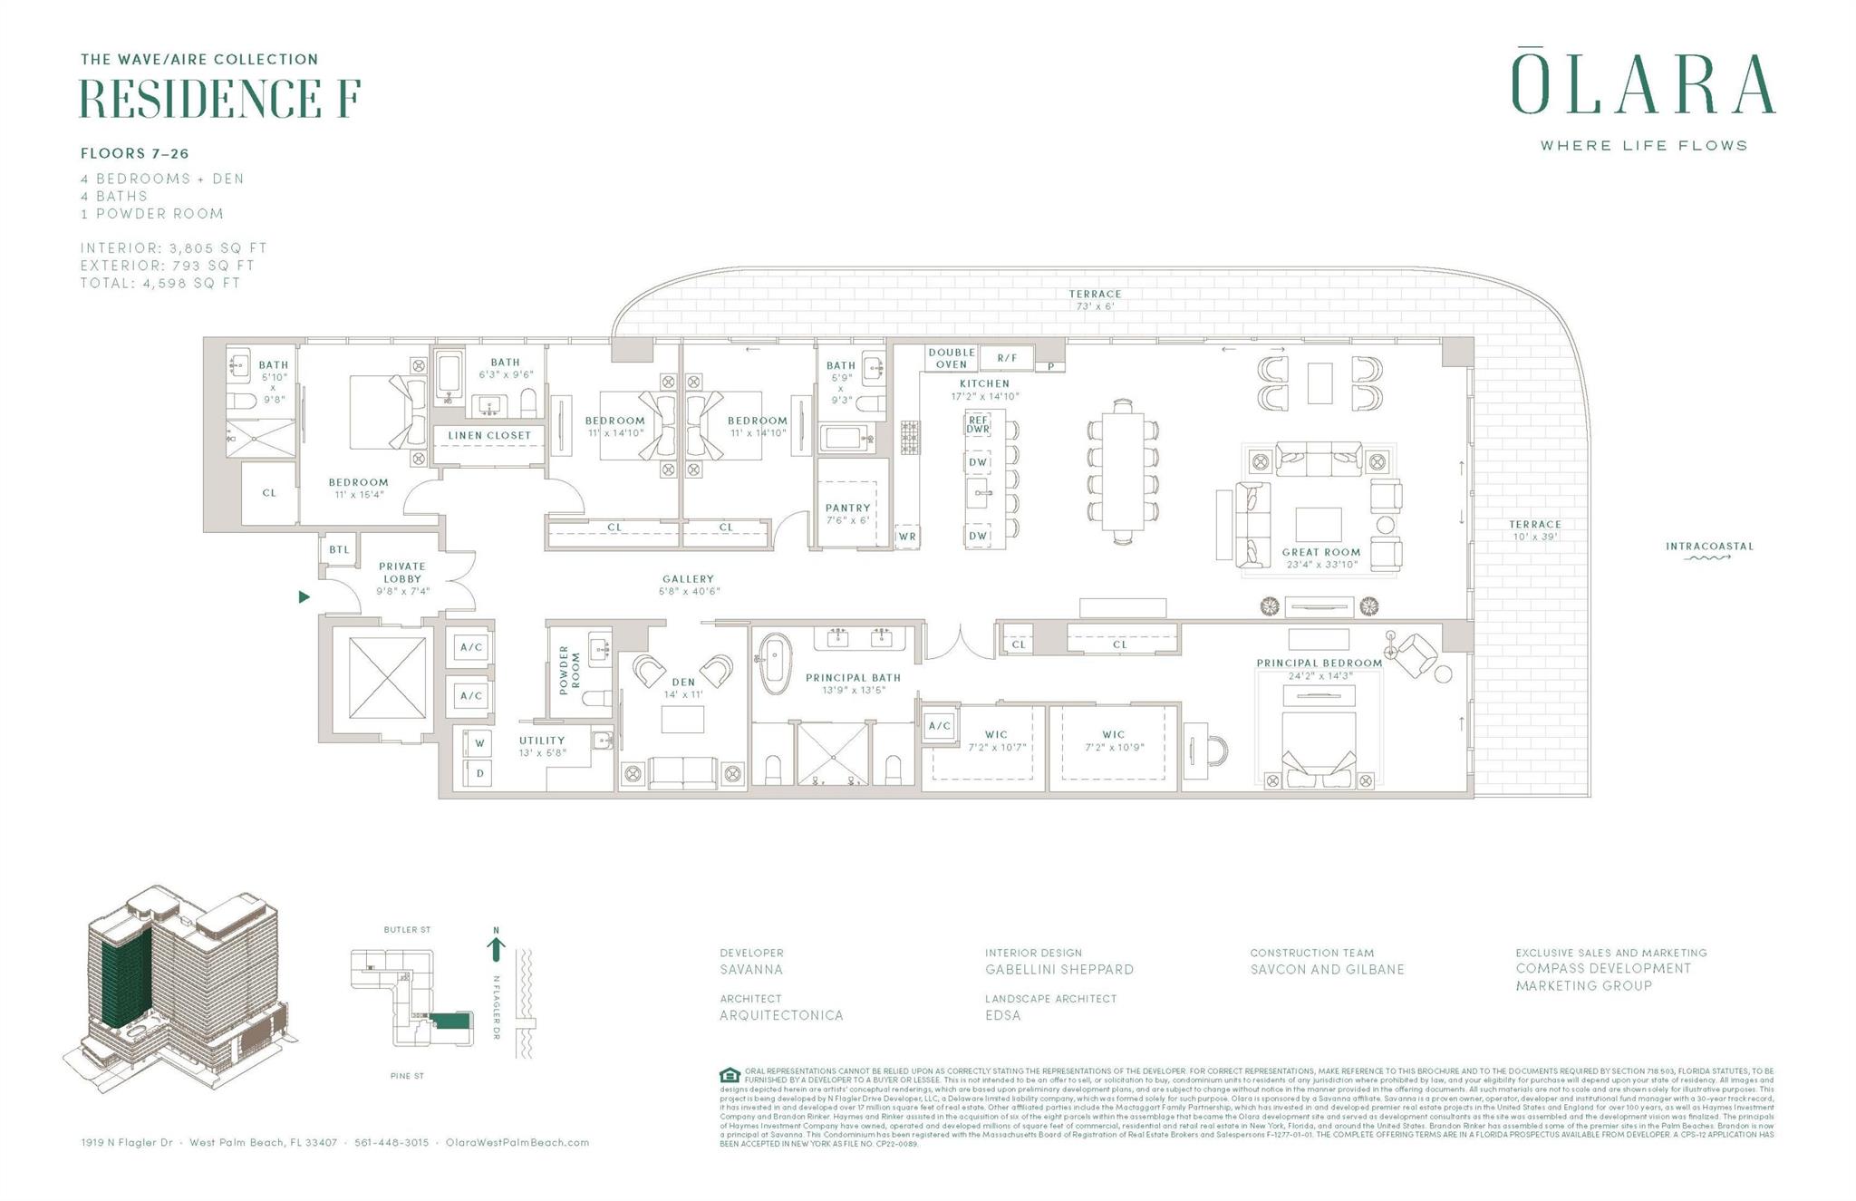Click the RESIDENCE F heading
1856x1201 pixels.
tap(220, 99)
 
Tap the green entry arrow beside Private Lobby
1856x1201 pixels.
tap(304, 596)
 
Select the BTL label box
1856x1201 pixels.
tap(339, 550)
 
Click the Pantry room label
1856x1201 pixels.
tap(847, 508)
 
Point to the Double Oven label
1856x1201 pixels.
tap(951, 358)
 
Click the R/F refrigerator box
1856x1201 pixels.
tap(1007, 358)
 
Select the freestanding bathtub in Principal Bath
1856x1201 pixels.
tap(775, 663)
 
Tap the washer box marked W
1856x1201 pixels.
tap(479, 743)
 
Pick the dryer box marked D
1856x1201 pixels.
tap(479, 773)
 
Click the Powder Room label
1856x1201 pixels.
tap(568, 670)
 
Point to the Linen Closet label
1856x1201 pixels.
tap(489, 435)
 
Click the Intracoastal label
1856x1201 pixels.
tap(1708, 547)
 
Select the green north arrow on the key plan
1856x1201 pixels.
tap(496, 948)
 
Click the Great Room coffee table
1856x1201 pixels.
tap(1319, 524)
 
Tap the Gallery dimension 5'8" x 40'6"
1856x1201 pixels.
tap(688, 591)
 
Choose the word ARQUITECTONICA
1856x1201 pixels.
tap(781, 1015)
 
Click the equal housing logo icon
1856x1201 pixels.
tap(730, 1076)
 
